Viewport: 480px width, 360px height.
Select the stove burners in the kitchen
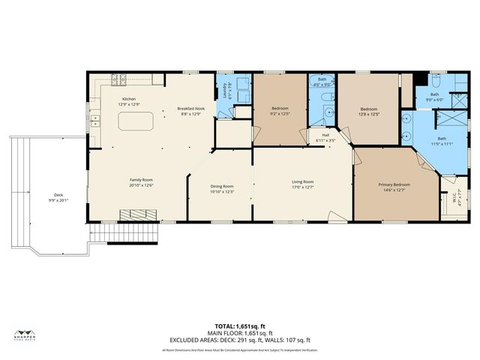click(119, 79)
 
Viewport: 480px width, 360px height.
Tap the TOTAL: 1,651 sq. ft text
click(239, 327)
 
